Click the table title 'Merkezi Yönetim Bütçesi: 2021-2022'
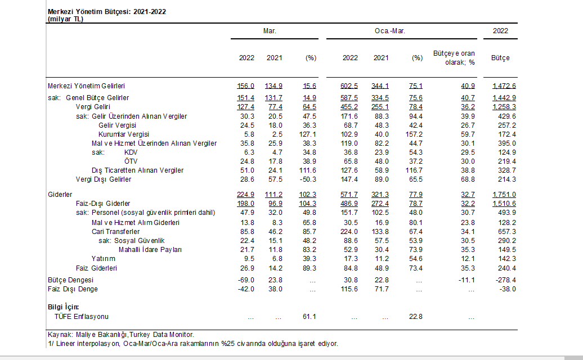(107, 11)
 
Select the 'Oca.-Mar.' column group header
(389, 31)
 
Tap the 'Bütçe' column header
(500, 58)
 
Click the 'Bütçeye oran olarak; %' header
(454, 58)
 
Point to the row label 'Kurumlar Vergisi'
(123, 134)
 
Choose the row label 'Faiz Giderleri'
(96, 268)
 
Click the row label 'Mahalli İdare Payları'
(150, 250)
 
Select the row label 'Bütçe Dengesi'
(70, 280)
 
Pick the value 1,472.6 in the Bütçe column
(504, 86)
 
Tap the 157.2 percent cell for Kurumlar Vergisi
(414, 134)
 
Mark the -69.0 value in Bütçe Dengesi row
(246, 280)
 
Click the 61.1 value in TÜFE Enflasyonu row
(310, 317)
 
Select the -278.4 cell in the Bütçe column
(506, 280)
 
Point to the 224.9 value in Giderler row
(245, 195)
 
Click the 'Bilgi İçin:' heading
(63, 307)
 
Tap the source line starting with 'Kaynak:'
(121, 335)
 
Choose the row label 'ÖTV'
(131, 161)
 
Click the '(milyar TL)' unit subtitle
(65, 19)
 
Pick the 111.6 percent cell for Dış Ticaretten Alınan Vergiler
(307, 170)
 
